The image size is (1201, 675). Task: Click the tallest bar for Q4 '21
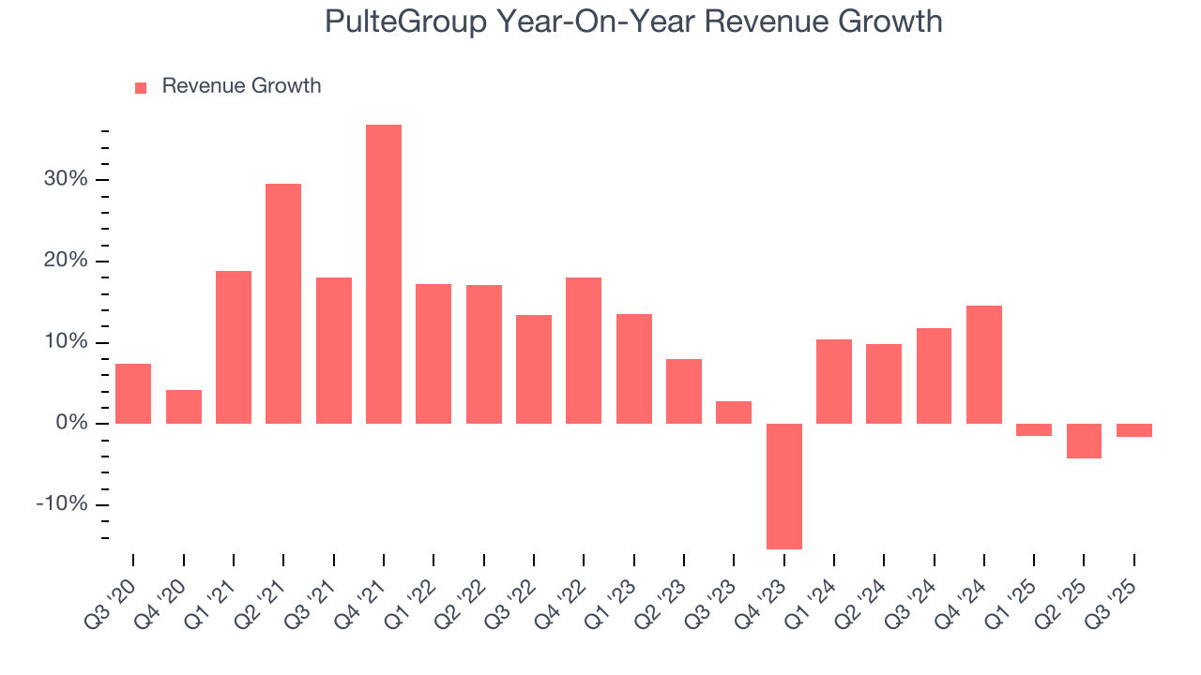click(x=384, y=274)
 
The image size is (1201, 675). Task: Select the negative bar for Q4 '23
click(x=784, y=486)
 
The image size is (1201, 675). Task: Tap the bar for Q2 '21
click(x=283, y=303)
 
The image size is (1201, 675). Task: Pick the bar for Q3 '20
click(x=133, y=394)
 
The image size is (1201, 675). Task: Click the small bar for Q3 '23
click(x=734, y=412)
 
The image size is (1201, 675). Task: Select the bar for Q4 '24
click(x=984, y=365)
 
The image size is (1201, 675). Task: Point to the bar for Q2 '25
click(x=1084, y=441)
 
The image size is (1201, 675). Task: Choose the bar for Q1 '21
click(x=234, y=347)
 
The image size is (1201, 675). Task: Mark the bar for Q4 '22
click(x=584, y=351)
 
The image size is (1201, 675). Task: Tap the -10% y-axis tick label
click(x=62, y=504)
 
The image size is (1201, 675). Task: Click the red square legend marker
click(x=141, y=87)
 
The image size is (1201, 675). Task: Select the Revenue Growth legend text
click(x=241, y=86)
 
